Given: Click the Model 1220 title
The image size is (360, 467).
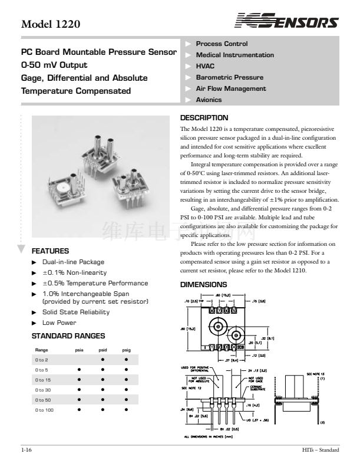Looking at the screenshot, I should [x=50, y=25].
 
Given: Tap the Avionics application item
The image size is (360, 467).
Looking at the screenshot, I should [x=209, y=100].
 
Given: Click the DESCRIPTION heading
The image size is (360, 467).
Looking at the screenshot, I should [x=204, y=118].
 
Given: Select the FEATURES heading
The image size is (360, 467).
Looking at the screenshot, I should [x=50, y=251].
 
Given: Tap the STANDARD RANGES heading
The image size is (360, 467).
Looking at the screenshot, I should [x=68, y=336].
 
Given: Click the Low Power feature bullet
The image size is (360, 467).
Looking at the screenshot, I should [x=59, y=323].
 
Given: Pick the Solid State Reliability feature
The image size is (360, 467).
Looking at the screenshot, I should [x=75, y=312].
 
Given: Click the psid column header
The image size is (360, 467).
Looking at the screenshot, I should [x=102, y=350].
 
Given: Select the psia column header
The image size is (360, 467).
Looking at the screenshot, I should [x=79, y=350].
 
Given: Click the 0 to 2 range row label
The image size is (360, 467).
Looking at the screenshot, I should [x=42, y=359].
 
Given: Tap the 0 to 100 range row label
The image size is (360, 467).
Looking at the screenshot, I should [x=44, y=409].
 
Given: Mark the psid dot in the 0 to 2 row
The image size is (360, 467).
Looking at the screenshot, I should [x=102, y=359].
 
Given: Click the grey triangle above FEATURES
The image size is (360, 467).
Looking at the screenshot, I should [x=21, y=248].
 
